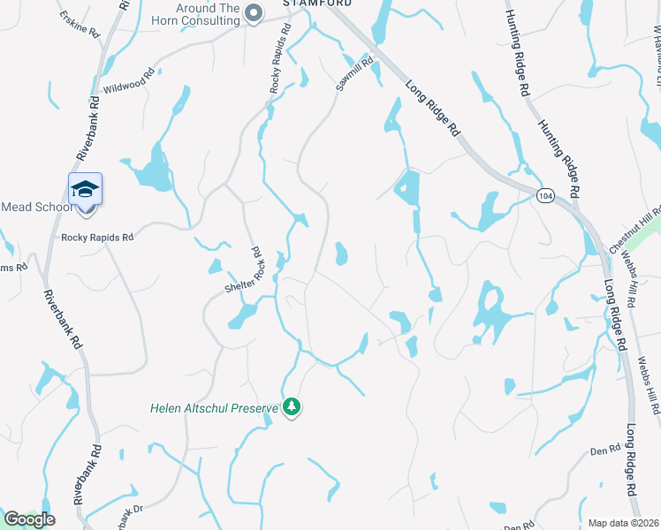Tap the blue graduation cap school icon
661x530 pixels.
tap(86, 190)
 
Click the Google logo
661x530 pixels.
tap(29, 519)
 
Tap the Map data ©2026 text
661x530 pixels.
tap(623, 523)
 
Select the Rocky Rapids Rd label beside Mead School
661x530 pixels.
tap(96, 238)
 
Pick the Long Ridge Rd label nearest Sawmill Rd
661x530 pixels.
tap(434, 108)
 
